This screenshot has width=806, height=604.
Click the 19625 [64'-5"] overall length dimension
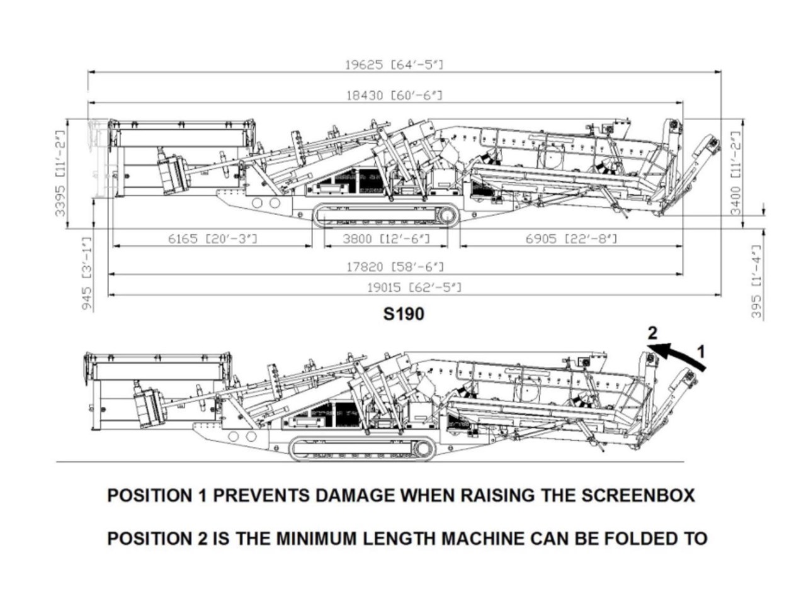(395, 65)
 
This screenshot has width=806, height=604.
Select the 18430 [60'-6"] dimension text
(395, 96)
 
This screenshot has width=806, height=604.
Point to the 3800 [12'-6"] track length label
(386, 238)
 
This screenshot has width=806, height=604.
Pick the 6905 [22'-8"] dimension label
(570, 238)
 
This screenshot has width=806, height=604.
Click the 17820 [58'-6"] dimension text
(395, 267)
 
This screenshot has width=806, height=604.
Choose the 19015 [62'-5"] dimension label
(414, 288)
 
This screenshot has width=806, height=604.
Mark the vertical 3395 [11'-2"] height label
(60, 173)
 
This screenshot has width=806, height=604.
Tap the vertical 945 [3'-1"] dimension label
(88, 273)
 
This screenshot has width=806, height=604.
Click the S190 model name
(404, 313)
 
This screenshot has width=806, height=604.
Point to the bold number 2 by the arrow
(653, 333)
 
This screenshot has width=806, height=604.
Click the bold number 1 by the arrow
(702, 350)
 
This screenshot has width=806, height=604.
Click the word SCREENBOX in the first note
(637, 495)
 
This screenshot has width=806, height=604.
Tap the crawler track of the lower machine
(362, 449)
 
